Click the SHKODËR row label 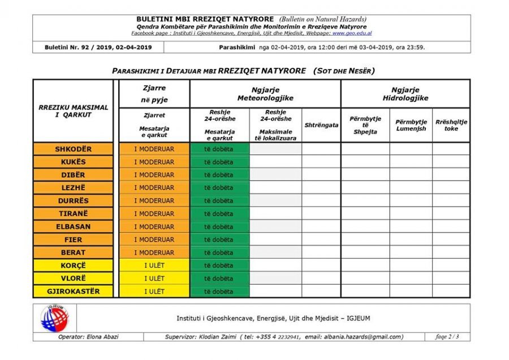[74, 149]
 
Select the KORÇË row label [74, 265]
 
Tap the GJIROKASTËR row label [74, 292]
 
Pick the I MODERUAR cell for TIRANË [154, 214]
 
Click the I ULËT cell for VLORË [154, 278]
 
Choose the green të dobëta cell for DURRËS [219, 201]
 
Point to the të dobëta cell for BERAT [219, 252]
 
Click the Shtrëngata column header [321, 125]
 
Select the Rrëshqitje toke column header [451, 125]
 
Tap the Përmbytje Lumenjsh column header [411, 125]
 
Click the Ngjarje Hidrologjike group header [405, 94]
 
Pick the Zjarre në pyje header [154, 94]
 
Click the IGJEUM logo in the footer [54, 318]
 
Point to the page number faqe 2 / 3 [447, 337]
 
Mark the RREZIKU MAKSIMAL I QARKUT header [74, 111]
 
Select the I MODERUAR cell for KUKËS [154, 162]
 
